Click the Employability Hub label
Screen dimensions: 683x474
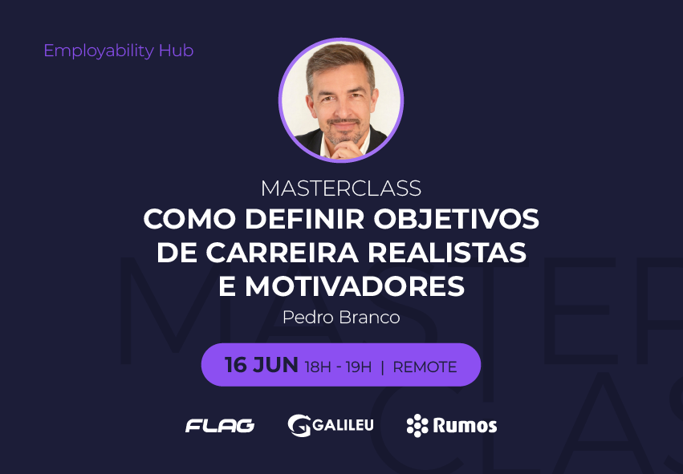coord(119,51)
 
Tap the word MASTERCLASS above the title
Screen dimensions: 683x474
coord(341,188)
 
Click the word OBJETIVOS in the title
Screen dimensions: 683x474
coord(457,219)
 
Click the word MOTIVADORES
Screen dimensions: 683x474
coord(355,286)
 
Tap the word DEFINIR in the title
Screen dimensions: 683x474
coord(304,219)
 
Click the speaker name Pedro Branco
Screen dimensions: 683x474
coord(341,318)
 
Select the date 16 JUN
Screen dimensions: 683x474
coord(262,365)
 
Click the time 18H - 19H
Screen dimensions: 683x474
coord(338,367)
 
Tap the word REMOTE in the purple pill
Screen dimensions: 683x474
coord(425,367)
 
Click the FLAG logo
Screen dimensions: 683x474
coord(220,426)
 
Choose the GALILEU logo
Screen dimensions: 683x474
coord(331,425)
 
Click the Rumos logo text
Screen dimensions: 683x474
coord(465,426)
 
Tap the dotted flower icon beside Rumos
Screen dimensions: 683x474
coord(417,425)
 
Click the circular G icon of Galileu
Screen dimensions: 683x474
coord(299,425)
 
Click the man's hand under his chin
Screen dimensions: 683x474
coord(347,150)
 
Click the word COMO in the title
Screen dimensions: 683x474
coord(189,219)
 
